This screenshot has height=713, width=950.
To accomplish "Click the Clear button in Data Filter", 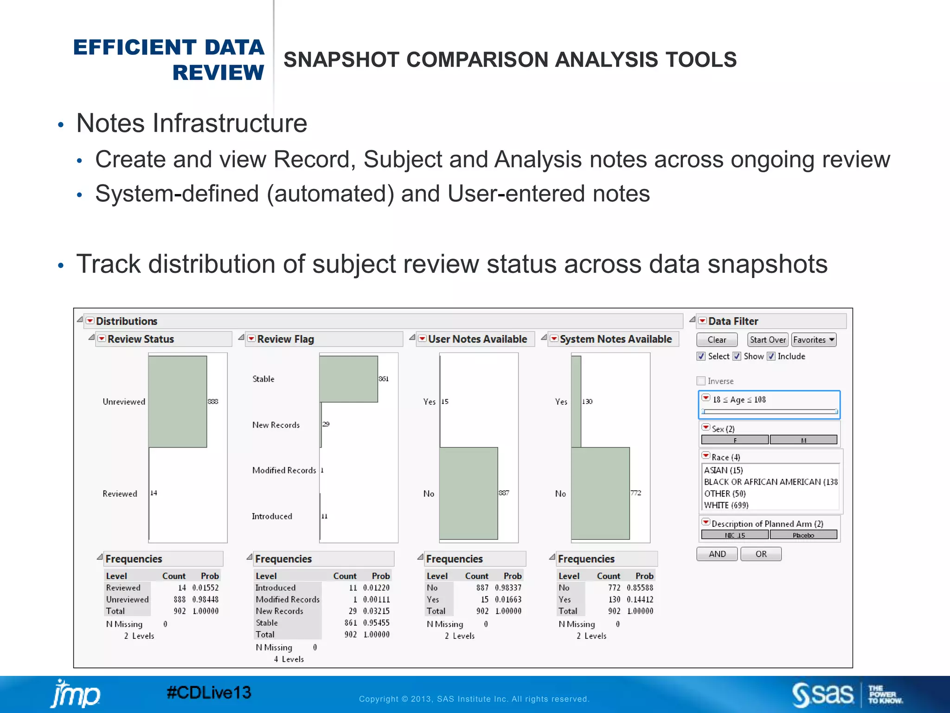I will [717, 340].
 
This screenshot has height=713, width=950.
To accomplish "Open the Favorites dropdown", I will [814, 340].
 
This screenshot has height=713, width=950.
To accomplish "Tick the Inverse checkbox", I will [701, 381].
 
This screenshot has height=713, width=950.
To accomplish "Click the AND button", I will [717, 554].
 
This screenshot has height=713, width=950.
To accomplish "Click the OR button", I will [761, 554].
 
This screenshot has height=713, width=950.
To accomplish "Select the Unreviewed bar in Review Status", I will [178, 402].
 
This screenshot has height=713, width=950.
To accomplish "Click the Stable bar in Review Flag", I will [348, 379].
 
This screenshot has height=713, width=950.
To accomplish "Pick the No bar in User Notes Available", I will [469, 493].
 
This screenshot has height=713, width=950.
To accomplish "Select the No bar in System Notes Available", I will [600, 493].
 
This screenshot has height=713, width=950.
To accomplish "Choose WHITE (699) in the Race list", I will [726, 505].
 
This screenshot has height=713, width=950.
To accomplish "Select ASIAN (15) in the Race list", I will [724, 470].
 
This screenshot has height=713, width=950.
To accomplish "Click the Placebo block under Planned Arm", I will [803, 535].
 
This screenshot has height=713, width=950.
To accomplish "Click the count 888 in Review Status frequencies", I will [180, 599].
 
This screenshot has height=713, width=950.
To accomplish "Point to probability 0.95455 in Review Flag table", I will [376, 622].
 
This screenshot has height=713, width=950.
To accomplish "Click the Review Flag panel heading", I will [285, 339].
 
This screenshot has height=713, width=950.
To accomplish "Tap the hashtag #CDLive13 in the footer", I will [209, 693].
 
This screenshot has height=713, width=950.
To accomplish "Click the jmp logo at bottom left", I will [75, 694].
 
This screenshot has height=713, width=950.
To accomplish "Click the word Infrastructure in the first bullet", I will [230, 123].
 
